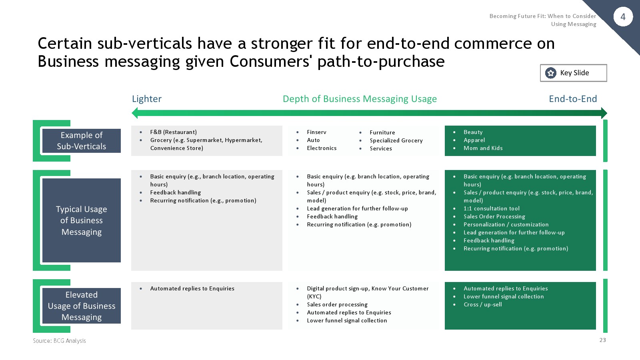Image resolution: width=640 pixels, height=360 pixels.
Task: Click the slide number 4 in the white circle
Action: (x=623, y=17)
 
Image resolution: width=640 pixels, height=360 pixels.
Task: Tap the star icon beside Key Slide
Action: (x=550, y=73)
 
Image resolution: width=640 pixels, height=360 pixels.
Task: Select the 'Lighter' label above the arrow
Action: (x=146, y=99)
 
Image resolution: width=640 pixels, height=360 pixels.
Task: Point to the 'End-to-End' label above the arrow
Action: (x=573, y=99)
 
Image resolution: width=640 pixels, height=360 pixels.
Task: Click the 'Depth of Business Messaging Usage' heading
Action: (x=360, y=99)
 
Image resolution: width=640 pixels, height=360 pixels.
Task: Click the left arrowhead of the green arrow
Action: (x=134, y=113)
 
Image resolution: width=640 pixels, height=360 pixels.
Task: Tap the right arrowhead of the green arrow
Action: (x=604, y=113)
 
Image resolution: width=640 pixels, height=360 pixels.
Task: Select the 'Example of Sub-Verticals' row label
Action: (x=82, y=140)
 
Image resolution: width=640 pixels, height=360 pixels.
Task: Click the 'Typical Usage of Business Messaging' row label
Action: (x=82, y=220)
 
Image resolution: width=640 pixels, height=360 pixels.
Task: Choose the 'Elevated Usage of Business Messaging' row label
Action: (x=82, y=306)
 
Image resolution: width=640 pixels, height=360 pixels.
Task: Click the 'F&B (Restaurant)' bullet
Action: (x=174, y=132)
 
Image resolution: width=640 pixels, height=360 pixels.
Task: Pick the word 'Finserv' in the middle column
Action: (x=316, y=132)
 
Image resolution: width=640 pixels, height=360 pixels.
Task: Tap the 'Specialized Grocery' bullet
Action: (x=396, y=140)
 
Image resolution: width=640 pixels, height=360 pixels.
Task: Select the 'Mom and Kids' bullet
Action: (x=483, y=148)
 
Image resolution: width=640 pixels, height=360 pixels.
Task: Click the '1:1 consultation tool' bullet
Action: (x=492, y=208)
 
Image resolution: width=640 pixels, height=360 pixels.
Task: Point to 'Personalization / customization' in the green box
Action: (x=506, y=224)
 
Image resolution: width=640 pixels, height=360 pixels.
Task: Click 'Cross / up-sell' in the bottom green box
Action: (x=482, y=304)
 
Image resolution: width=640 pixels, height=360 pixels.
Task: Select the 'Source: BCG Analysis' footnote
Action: (x=60, y=340)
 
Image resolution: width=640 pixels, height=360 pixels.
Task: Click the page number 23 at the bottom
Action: (x=602, y=340)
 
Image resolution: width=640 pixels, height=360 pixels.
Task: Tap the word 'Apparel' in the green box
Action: (x=474, y=140)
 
